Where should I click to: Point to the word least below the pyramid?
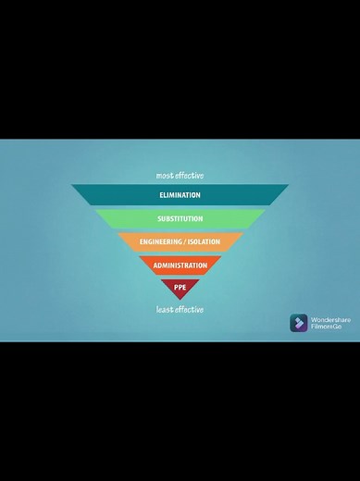[x=166, y=309]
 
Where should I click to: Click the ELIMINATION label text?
[x=180, y=195]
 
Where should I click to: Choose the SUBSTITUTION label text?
[x=180, y=219]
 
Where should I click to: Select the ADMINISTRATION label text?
[x=180, y=265]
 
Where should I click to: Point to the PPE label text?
[x=180, y=288]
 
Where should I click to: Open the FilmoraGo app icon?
[x=298, y=323]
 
